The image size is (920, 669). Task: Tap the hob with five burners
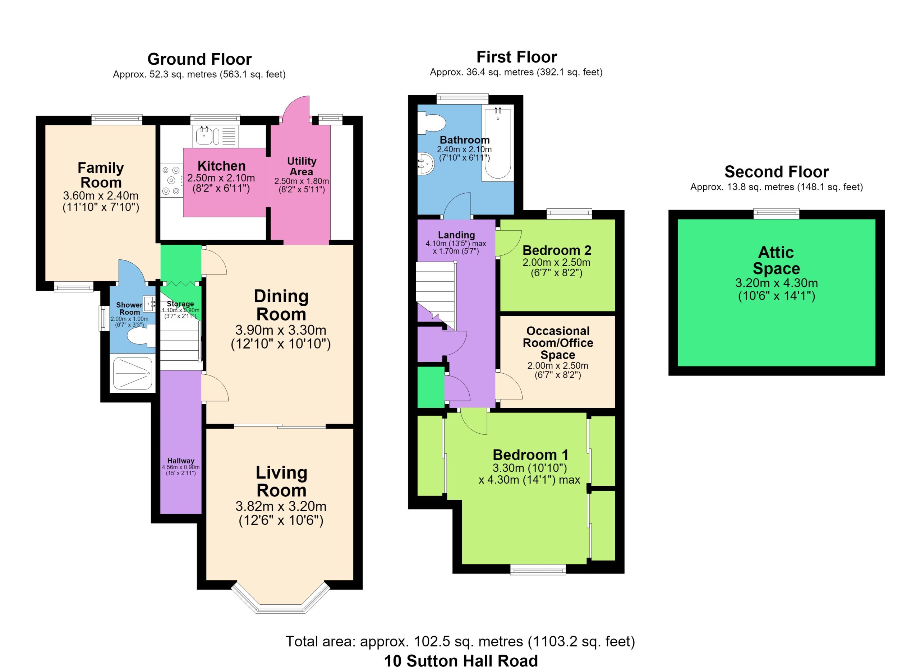[171, 180]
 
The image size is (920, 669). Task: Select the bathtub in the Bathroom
[498, 143]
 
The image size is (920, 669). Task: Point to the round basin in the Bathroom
[425, 164]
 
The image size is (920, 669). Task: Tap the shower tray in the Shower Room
[133, 373]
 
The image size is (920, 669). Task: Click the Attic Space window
[776, 214]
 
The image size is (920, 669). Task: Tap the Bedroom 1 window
[538, 570]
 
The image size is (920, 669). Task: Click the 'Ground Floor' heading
[199, 59]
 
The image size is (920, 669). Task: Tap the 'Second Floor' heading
[776, 172]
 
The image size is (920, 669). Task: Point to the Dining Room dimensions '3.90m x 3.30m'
[281, 330]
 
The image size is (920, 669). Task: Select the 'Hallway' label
[181, 461]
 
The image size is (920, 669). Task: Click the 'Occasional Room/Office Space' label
[558, 343]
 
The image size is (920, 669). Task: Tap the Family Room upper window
[117, 120]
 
